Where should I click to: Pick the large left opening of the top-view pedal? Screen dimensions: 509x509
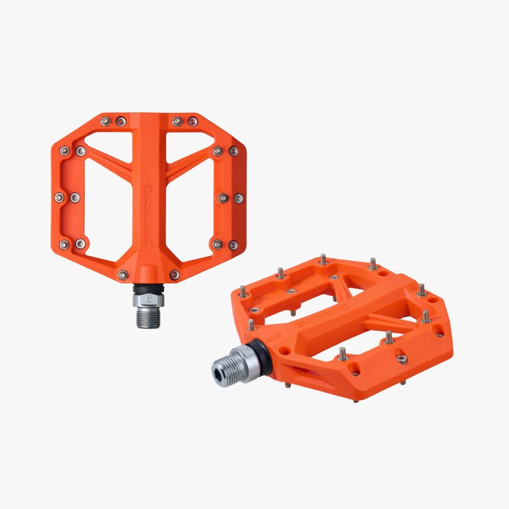(102, 206)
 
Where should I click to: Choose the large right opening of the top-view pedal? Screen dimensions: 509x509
(194, 206)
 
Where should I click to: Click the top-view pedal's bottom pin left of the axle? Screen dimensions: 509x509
(122, 274)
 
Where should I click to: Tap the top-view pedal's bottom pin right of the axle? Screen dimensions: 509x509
(175, 274)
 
